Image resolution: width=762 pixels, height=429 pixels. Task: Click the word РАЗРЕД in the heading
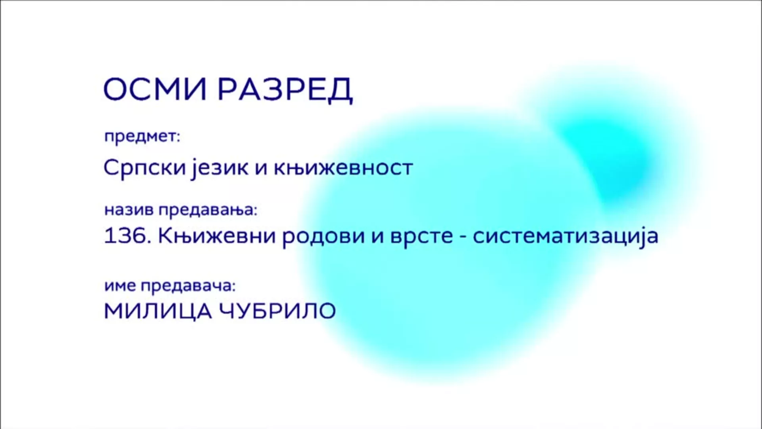pyautogui.click(x=285, y=90)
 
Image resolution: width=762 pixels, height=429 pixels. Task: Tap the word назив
pyautogui.click(x=129, y=210)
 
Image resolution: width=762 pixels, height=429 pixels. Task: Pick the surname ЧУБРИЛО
pyautogui.click(x=278, y=311)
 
